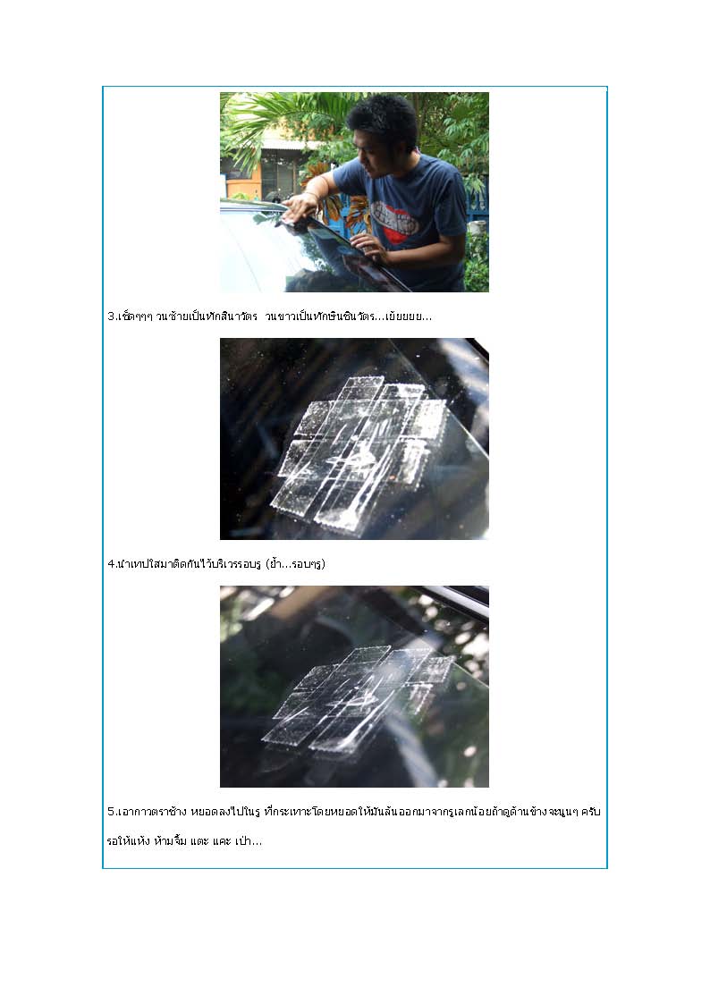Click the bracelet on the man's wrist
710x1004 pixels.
pyautogui.click(x=312, y=194)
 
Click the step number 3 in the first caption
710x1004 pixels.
pyautogui.click(x=110, y=316)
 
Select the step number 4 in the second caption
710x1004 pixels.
pyautogui.click(x=110, y=564)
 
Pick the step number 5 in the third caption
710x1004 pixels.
pyautogui.click(x=110, y=812)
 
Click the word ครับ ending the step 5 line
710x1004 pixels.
pyautogui.click(x=591, y=812)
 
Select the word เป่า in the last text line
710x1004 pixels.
pyautogui.click(x=248, y=841)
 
